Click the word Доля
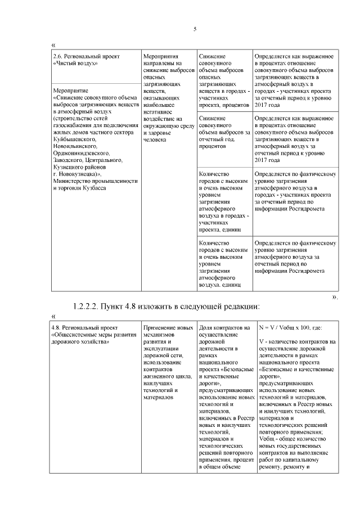click(x=206, y=328)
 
